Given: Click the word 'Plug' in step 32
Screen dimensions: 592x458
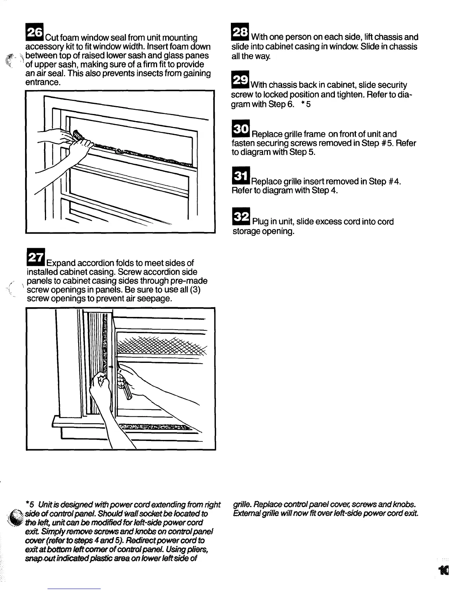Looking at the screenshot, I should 262,222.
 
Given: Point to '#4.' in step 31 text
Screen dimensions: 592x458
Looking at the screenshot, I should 393,182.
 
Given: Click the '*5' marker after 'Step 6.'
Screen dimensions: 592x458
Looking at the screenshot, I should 306,105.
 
